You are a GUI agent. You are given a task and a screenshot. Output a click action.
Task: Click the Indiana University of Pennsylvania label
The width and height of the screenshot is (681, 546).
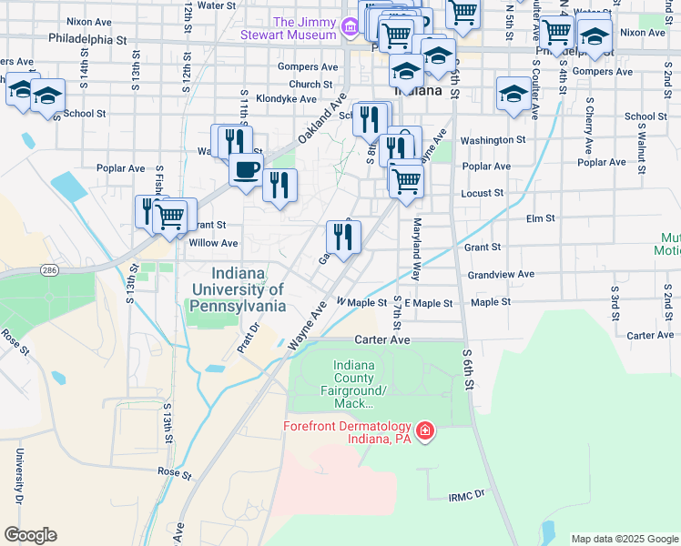click(x=238, y=290)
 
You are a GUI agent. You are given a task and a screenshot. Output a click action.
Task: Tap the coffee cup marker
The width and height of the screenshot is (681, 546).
click(x=244, y=170)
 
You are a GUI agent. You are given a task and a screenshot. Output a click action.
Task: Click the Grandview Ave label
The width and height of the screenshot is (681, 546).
click(x=500, y=274)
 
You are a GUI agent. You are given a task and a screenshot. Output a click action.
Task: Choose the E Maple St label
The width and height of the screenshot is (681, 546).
click(x=428, y=302)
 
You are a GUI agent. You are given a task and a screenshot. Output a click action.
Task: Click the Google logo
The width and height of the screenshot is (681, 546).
click(x=30, y=535)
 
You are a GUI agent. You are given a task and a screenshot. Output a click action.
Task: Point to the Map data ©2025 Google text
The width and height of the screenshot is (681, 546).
click(x=624, y=539)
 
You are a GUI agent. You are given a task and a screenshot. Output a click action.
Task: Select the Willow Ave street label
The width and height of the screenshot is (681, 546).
click(x=213, y=243)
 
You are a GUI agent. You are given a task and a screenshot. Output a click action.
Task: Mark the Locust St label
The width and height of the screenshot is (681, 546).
click(x=483, y=193)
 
